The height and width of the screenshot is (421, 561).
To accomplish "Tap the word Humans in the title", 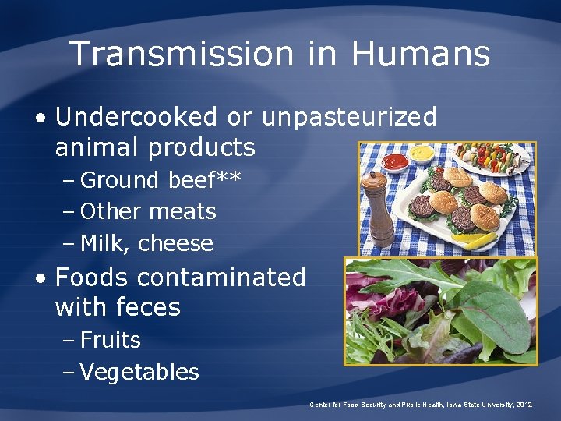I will click(421, 54).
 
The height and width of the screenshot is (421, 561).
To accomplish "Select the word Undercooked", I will click(137, 117).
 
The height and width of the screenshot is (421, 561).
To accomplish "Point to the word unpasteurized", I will click(350, 118).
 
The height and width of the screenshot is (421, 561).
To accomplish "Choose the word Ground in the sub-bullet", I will click(119, 180).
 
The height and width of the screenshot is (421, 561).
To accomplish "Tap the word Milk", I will click(105, 243).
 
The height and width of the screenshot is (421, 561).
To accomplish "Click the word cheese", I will click(175, 243).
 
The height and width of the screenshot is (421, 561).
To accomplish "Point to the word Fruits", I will click(111, 340).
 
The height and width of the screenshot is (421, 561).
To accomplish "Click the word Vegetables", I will click(139, 373).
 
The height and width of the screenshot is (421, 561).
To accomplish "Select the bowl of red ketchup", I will click(395, 161).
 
